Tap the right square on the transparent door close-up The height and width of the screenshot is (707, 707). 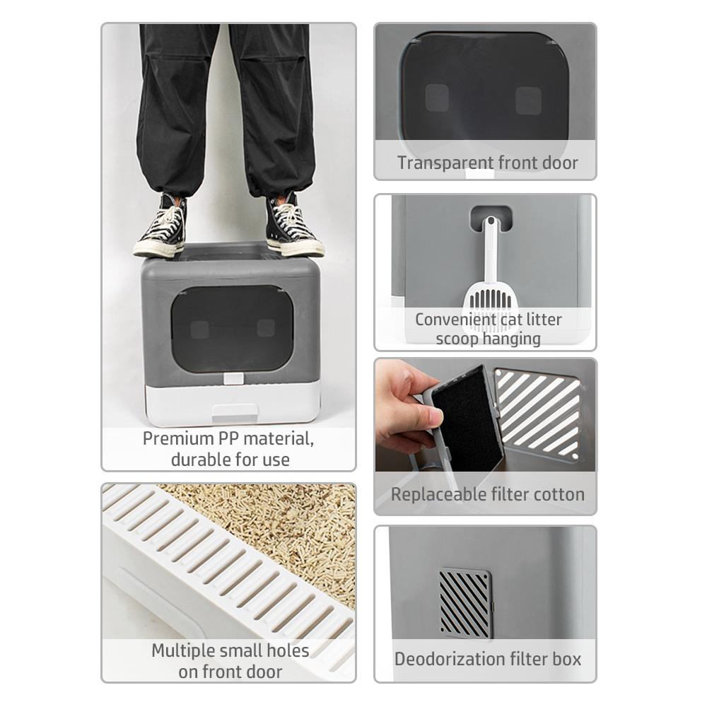coord(528,100)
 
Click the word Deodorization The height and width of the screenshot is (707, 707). coord(450,659)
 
